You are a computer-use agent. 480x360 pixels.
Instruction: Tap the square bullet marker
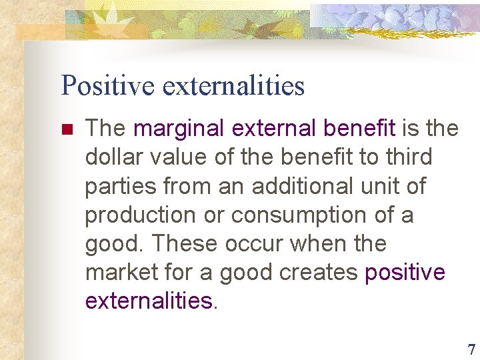(65, 128)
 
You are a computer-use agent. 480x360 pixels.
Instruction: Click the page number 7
(471, 349)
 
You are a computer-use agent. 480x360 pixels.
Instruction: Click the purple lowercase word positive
(405, 273)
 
